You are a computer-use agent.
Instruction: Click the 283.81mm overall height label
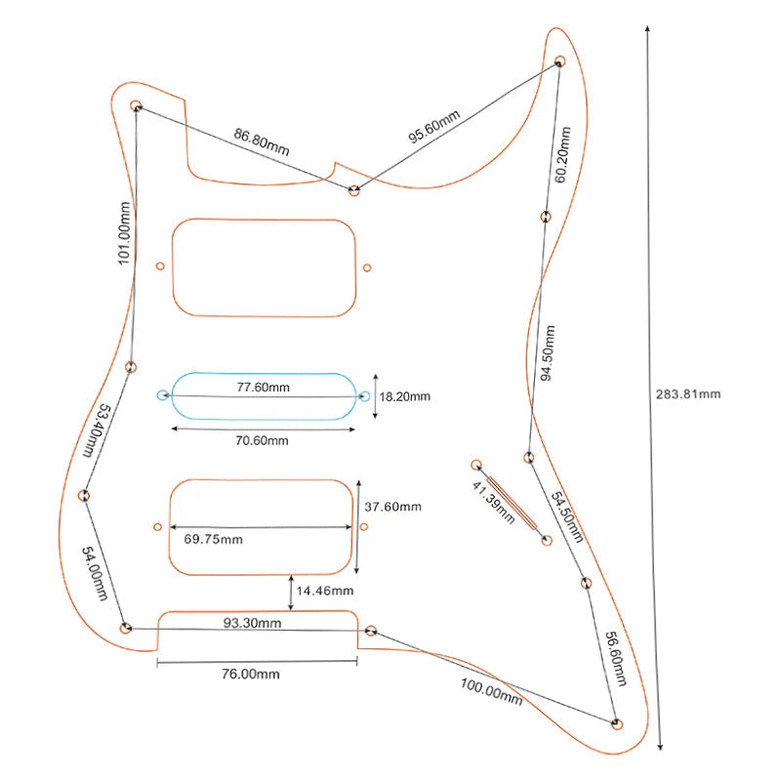(688, 394)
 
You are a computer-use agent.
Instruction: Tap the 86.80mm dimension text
(261, 143)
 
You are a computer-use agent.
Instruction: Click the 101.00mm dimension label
(123, 232)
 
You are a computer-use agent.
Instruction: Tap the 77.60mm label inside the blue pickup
(264, 387)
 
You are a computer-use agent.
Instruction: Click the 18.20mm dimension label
(404, 397)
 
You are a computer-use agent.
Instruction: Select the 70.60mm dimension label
(263, 440)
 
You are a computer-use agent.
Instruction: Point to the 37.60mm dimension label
(392, 507)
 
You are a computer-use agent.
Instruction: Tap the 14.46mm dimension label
(326, 591)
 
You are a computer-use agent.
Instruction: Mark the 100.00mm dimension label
(491, 692)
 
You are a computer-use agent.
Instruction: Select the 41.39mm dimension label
(493, 504)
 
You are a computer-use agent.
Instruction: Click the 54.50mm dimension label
(568, 518)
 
